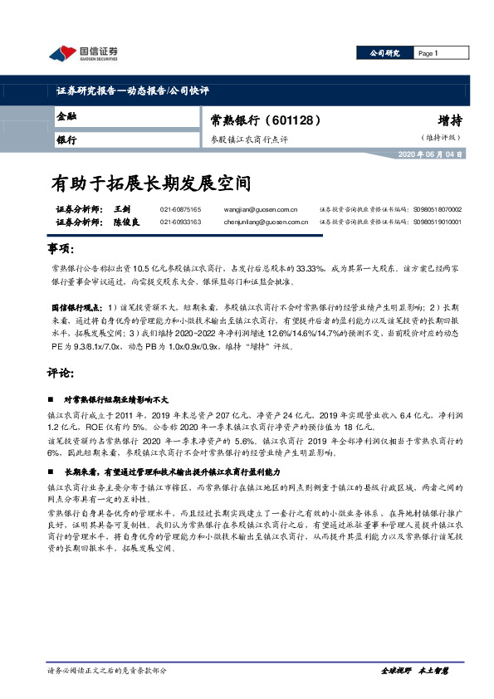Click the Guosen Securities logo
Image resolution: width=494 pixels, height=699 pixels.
83,53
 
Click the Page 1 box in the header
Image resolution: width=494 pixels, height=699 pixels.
428,53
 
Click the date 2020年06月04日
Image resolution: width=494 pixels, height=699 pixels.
431,155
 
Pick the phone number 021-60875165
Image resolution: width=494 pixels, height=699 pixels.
180,210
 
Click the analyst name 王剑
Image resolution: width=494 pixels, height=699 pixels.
123,210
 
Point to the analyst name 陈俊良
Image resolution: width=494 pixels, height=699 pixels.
127,222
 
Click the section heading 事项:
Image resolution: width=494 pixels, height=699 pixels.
61,250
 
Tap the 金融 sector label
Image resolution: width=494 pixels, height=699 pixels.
67,116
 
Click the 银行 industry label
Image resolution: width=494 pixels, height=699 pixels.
67,139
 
